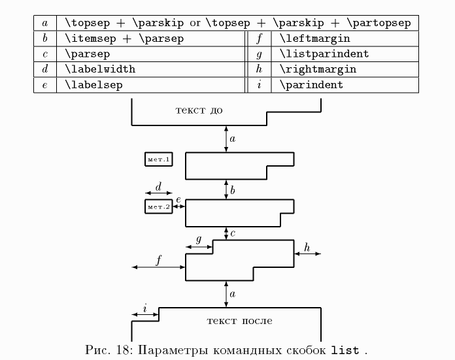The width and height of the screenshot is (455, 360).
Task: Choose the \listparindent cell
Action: (324, 54)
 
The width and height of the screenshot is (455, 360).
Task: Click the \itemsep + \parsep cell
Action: (124, 39)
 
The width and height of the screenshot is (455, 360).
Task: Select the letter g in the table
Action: (260, 54)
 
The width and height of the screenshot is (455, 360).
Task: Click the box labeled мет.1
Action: (158, 159)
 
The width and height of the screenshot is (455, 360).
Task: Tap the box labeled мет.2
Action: (158, 207)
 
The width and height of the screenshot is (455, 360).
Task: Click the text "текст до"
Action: (199, 109)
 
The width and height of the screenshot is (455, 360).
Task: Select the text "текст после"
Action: (239, 320)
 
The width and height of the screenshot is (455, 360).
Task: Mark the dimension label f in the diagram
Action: (158, 260)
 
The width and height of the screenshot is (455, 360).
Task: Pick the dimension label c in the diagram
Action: (233, 233)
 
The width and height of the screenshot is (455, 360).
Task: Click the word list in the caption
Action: (345, 350)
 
